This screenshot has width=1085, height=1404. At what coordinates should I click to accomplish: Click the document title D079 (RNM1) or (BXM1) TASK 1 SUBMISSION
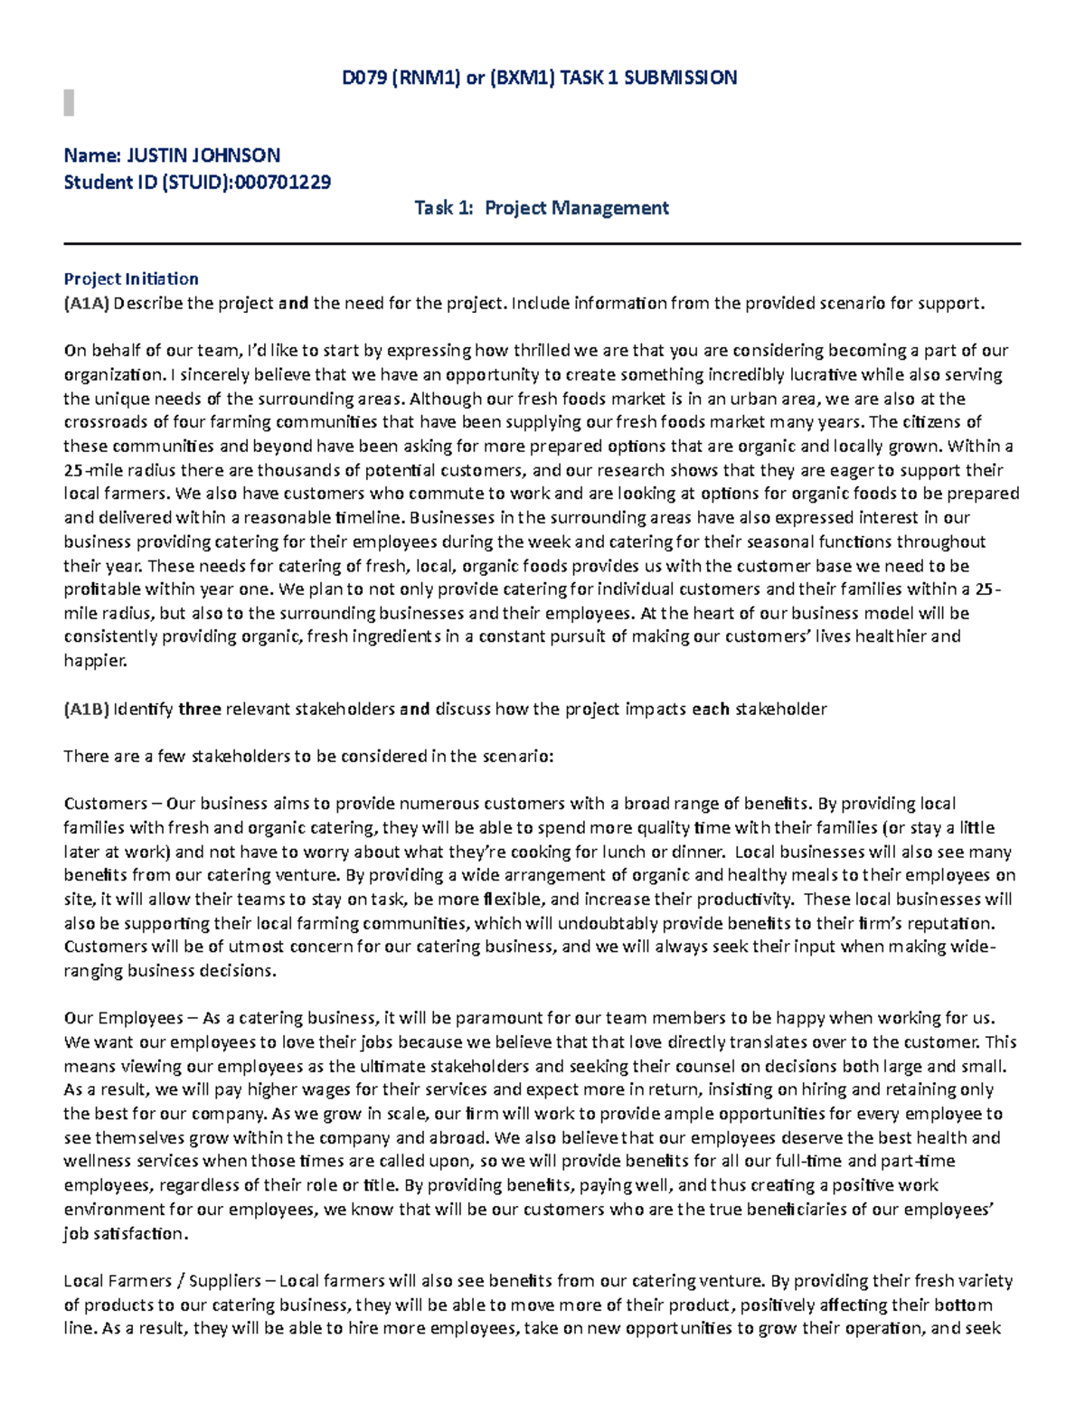(539, 78)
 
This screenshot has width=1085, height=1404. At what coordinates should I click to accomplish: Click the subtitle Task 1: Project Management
(541, 209)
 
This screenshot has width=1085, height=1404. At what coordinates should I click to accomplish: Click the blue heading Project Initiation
(130, 279)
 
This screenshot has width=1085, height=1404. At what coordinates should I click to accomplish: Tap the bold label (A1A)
(86, 304)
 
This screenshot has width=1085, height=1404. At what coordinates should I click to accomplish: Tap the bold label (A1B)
(86, 710)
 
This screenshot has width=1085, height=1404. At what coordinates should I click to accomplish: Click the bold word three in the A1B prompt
(200, 710)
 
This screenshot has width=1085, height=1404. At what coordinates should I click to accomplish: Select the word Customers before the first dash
(105, 804)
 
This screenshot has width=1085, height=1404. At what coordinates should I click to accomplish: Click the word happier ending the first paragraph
(94, 661)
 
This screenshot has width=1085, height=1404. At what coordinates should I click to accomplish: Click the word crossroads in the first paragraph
(105, 422)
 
